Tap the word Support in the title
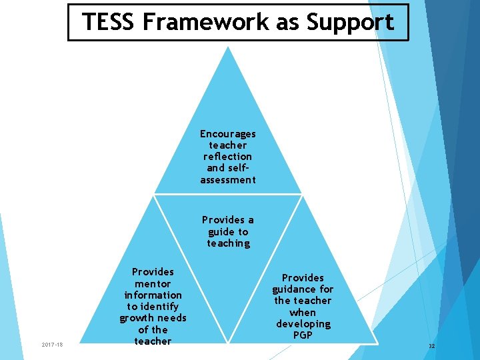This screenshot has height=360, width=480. (x=351, y=22)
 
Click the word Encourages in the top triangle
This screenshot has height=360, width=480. (x=228, y=134)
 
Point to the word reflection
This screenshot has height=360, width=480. (x=228, y=157)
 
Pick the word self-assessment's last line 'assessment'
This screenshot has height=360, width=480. (x=228, y=180)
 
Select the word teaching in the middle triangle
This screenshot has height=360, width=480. (x=228, y=243)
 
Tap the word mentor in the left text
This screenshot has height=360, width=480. (x=153, y=283)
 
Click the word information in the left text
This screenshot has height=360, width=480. (x=153, y=295)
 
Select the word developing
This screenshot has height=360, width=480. (x=303, y=324)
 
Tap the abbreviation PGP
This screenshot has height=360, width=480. (x=303, y=335)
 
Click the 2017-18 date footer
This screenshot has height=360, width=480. (x=52, y=345)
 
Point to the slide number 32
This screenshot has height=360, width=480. (x=431, y=346)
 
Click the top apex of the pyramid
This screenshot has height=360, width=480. (x=228, y=48)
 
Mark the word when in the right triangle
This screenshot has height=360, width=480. (x=303, y=313)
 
